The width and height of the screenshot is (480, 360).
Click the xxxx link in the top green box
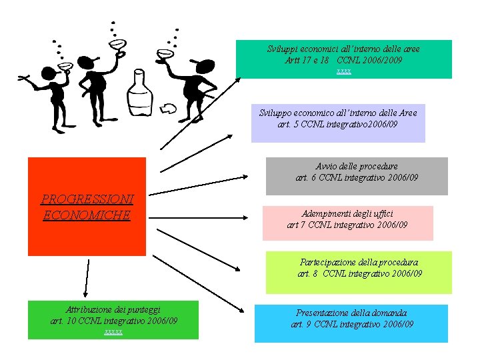point(344,70)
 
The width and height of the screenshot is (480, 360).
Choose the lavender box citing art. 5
point(338,123)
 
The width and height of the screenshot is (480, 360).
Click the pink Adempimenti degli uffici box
point(347,223)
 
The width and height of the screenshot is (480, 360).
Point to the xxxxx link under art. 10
point(113,331)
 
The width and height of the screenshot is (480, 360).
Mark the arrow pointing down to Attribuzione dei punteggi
point(86,278)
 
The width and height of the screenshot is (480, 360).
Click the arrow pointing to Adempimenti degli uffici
point(207,215)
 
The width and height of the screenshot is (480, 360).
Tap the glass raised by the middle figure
point(118,45)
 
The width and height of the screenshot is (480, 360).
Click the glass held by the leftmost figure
point(66,67)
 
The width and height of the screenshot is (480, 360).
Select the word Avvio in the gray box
point(327,166)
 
